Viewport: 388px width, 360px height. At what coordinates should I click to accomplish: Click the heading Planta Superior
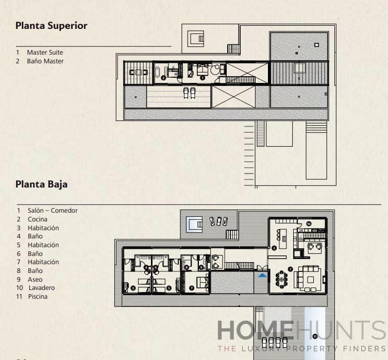tap(51, 26)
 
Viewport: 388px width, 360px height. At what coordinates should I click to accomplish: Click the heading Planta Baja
tap(41, 184)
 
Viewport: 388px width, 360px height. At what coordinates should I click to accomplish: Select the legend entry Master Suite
tap(45, 53)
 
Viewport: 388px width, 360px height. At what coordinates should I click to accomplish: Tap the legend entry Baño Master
tap(45, 61)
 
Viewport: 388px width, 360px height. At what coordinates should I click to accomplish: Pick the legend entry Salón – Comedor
tap(53, 211)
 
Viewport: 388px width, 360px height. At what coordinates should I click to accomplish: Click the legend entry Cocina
tap(38, 219)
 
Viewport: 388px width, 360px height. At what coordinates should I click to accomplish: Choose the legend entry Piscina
tap(38, 297)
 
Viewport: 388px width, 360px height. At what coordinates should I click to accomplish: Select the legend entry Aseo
tap(36, 280)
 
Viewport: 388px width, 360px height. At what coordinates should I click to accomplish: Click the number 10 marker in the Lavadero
tap(308, 224)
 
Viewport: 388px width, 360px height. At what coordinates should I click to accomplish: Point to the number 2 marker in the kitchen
tap(274, 248)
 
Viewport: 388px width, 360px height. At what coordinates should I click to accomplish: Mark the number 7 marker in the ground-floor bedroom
tap(192, 288)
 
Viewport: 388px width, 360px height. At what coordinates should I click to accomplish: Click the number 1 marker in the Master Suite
tap(203, 78)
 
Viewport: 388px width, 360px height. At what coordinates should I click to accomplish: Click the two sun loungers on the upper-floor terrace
tap(189, 92)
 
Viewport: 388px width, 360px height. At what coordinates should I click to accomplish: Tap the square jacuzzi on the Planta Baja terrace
tap(194, 224)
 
